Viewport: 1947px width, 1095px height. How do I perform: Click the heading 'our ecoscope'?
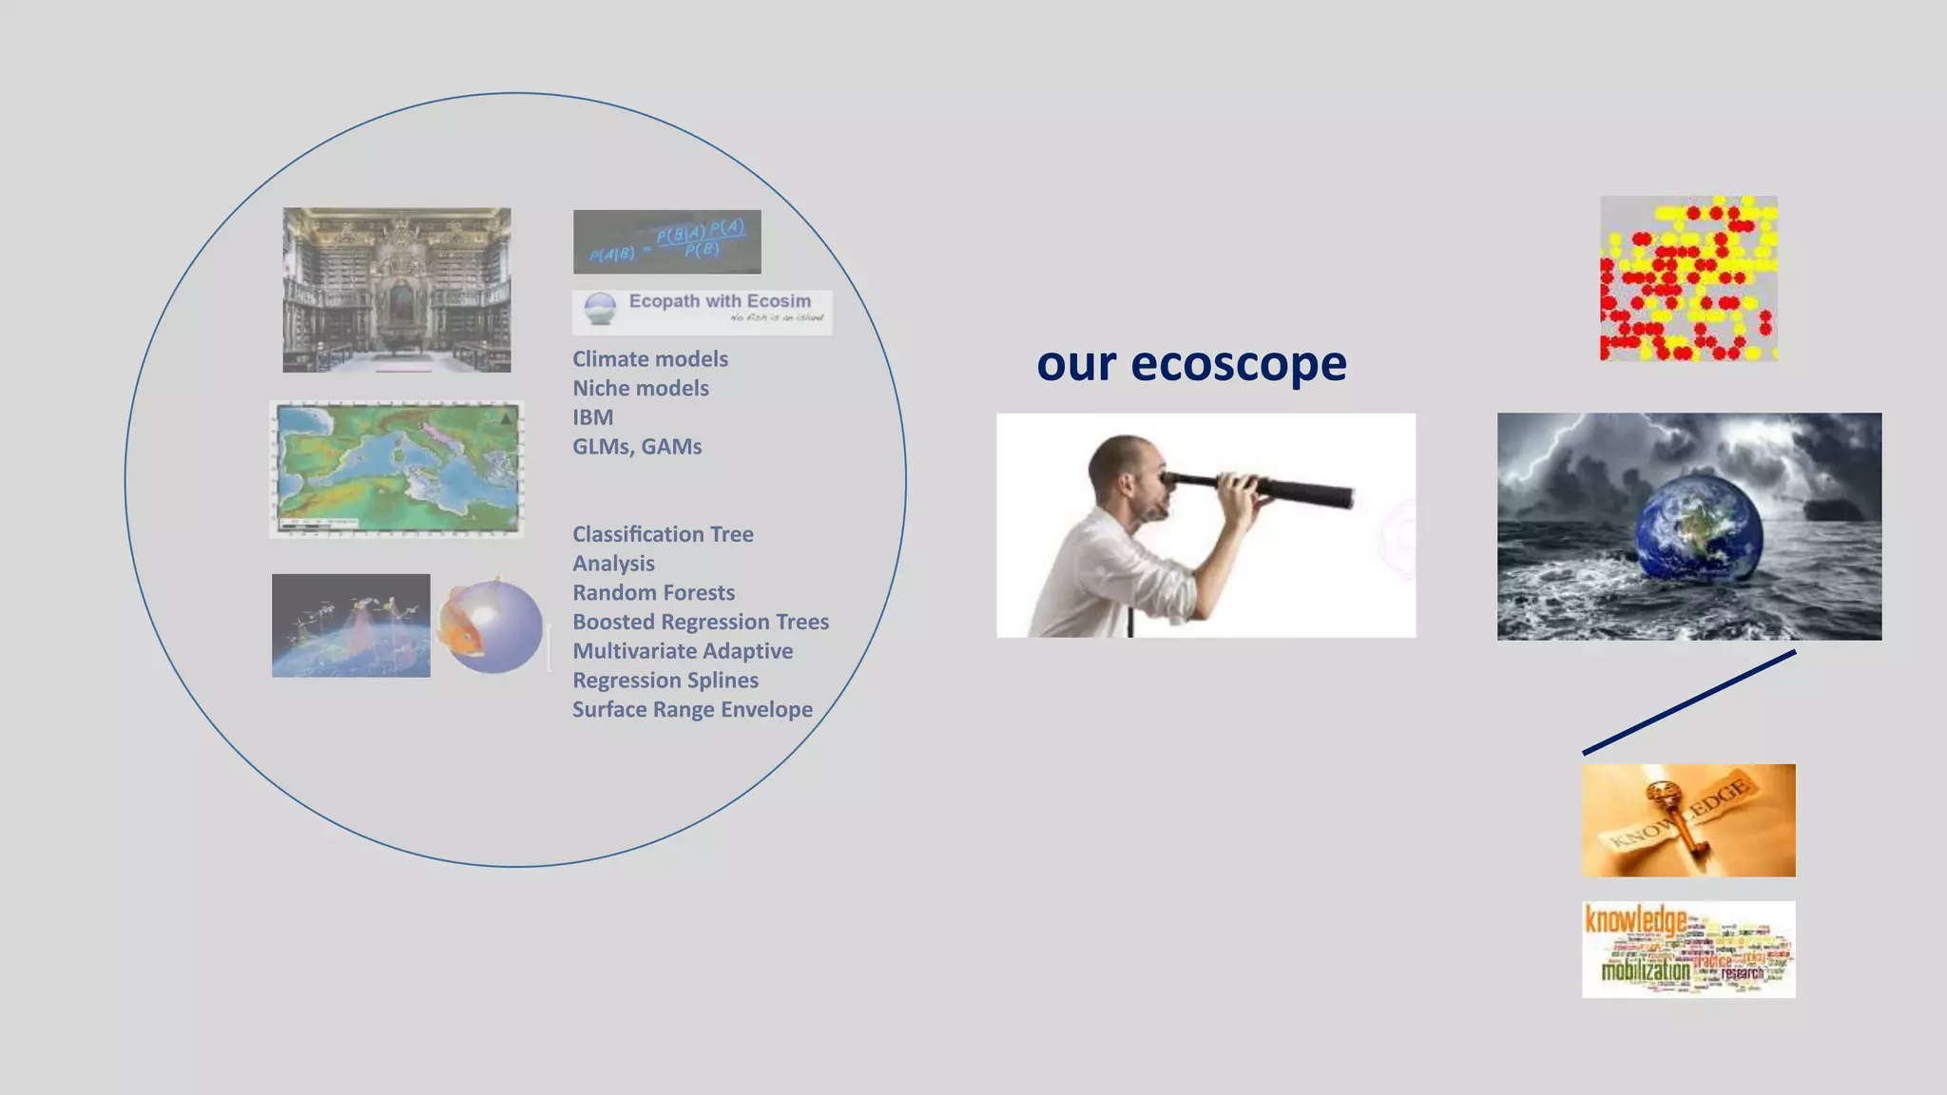(1191, 363)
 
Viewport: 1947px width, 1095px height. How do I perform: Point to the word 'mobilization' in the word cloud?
(1645, 970)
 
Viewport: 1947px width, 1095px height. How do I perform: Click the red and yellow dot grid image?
(1688, 279)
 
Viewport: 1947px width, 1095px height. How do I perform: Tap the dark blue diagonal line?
(1688, 702)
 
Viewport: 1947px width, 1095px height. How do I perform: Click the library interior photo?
(396, 290)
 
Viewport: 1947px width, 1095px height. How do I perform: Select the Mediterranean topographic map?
(396, 470)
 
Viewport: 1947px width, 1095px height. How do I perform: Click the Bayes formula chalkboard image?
(666, 241)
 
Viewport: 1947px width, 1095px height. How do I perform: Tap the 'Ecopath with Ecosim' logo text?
(720, 301)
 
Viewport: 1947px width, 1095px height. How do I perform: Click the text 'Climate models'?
(650, 359)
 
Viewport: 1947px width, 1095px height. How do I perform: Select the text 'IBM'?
(592, 417)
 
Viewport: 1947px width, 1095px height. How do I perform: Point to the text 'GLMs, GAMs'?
(637, 447)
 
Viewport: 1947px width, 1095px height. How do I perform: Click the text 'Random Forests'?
(653, 593)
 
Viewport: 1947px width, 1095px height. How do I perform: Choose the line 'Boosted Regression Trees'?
(701, 622)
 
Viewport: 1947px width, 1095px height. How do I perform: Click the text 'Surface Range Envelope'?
(692, 710)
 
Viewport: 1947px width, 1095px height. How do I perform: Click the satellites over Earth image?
(351, 625)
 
